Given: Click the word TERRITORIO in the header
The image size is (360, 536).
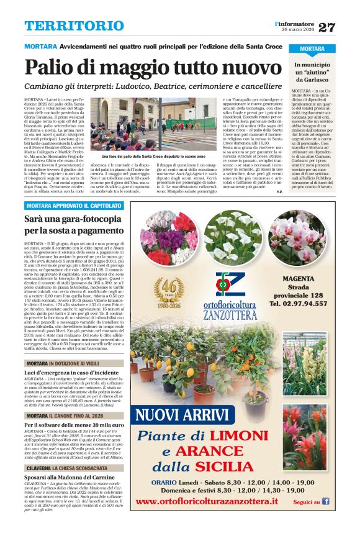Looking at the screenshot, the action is click(65, 26).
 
